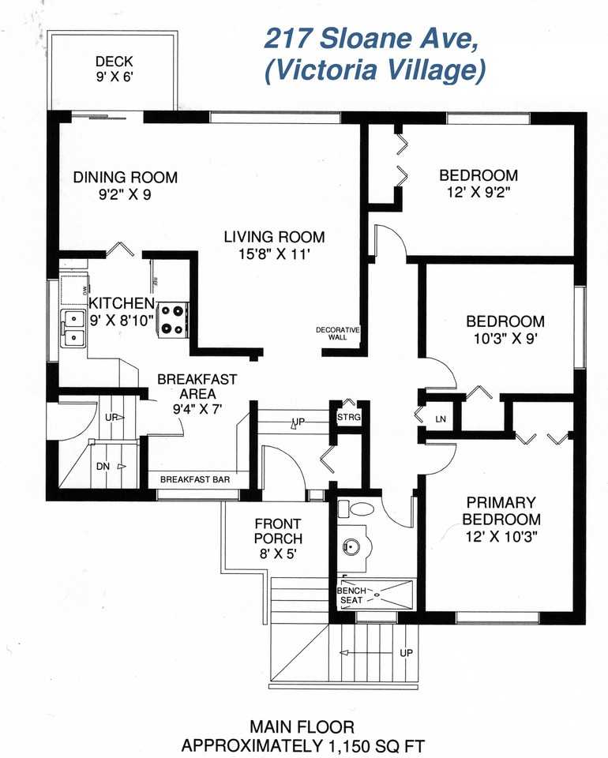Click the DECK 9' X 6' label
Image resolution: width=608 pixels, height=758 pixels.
(114, 69)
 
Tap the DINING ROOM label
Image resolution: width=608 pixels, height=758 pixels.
(125, 185)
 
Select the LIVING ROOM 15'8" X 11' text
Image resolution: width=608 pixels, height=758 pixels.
(274, 244)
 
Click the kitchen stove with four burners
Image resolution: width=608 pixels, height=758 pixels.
(173, 320)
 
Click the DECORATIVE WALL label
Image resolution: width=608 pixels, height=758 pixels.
(338, 332)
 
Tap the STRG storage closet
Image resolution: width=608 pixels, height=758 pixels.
(348, 416)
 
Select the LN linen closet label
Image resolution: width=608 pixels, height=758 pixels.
(441, 419)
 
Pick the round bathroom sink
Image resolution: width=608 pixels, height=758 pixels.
(351, 546)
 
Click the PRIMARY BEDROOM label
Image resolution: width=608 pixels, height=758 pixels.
(501, 519)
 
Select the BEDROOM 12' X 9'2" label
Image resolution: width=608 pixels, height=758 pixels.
(479, 182)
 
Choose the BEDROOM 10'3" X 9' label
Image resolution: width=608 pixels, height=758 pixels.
(505, 328)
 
